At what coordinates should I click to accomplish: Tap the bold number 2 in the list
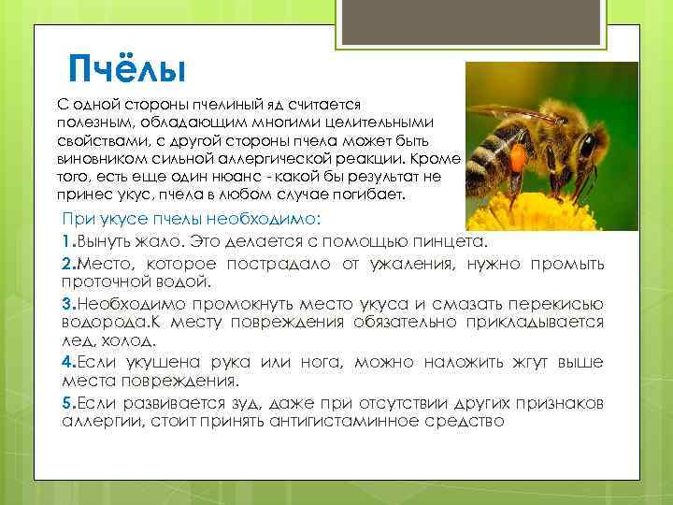pyautogui.click(x=67, y=264)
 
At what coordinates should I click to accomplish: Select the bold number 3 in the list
pyautogui.click(x=67, y=304)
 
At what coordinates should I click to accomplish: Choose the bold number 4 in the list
pyautogui.click(x=67, y=363)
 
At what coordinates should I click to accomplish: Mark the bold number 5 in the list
pyautogui.click(x=67, y=403)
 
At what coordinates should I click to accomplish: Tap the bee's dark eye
pyautogui.click(x=588, y=147)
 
